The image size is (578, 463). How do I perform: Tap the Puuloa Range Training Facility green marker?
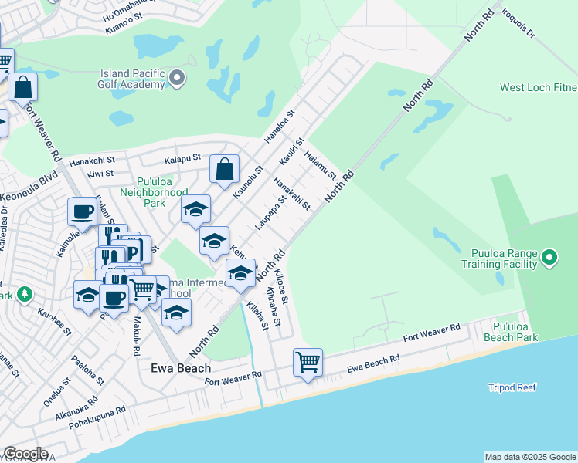click(x=549, y=256)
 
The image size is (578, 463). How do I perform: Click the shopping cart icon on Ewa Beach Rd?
click(x=308, y=361)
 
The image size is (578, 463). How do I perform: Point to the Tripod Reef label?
click(x=512, y=387)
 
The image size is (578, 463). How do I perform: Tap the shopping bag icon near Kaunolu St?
click(x=224, y=169)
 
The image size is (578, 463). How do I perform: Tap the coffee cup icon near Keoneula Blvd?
click(x=82, y=211)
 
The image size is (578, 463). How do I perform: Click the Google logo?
click(x=25, y=454)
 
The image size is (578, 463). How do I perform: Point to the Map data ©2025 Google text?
click(x=529, y=457)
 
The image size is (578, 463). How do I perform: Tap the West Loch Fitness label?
click(x=539, y=88)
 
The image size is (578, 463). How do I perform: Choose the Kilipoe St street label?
click(x=280, y=287)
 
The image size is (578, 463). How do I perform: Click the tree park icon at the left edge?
click(x=25, y=294)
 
